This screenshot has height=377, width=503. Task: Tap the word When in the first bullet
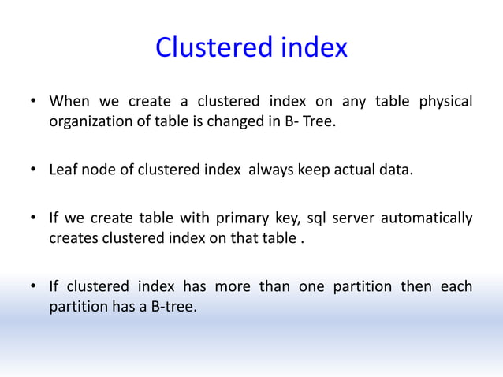[x=69, y=102]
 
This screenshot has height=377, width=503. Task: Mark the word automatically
[x=427, y=218]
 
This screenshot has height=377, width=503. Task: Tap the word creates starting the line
[x=74, y=238]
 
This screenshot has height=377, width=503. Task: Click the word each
[x=456, y=286]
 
